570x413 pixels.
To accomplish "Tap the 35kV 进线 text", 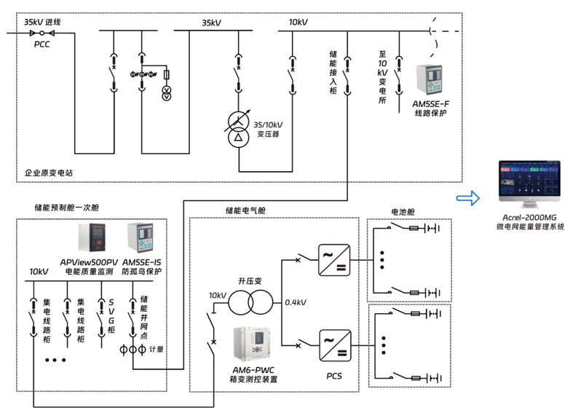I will [42, 23].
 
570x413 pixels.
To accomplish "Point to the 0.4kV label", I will [296, 302].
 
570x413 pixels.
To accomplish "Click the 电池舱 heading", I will [403, 212].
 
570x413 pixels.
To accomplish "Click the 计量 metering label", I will [156, 350].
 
